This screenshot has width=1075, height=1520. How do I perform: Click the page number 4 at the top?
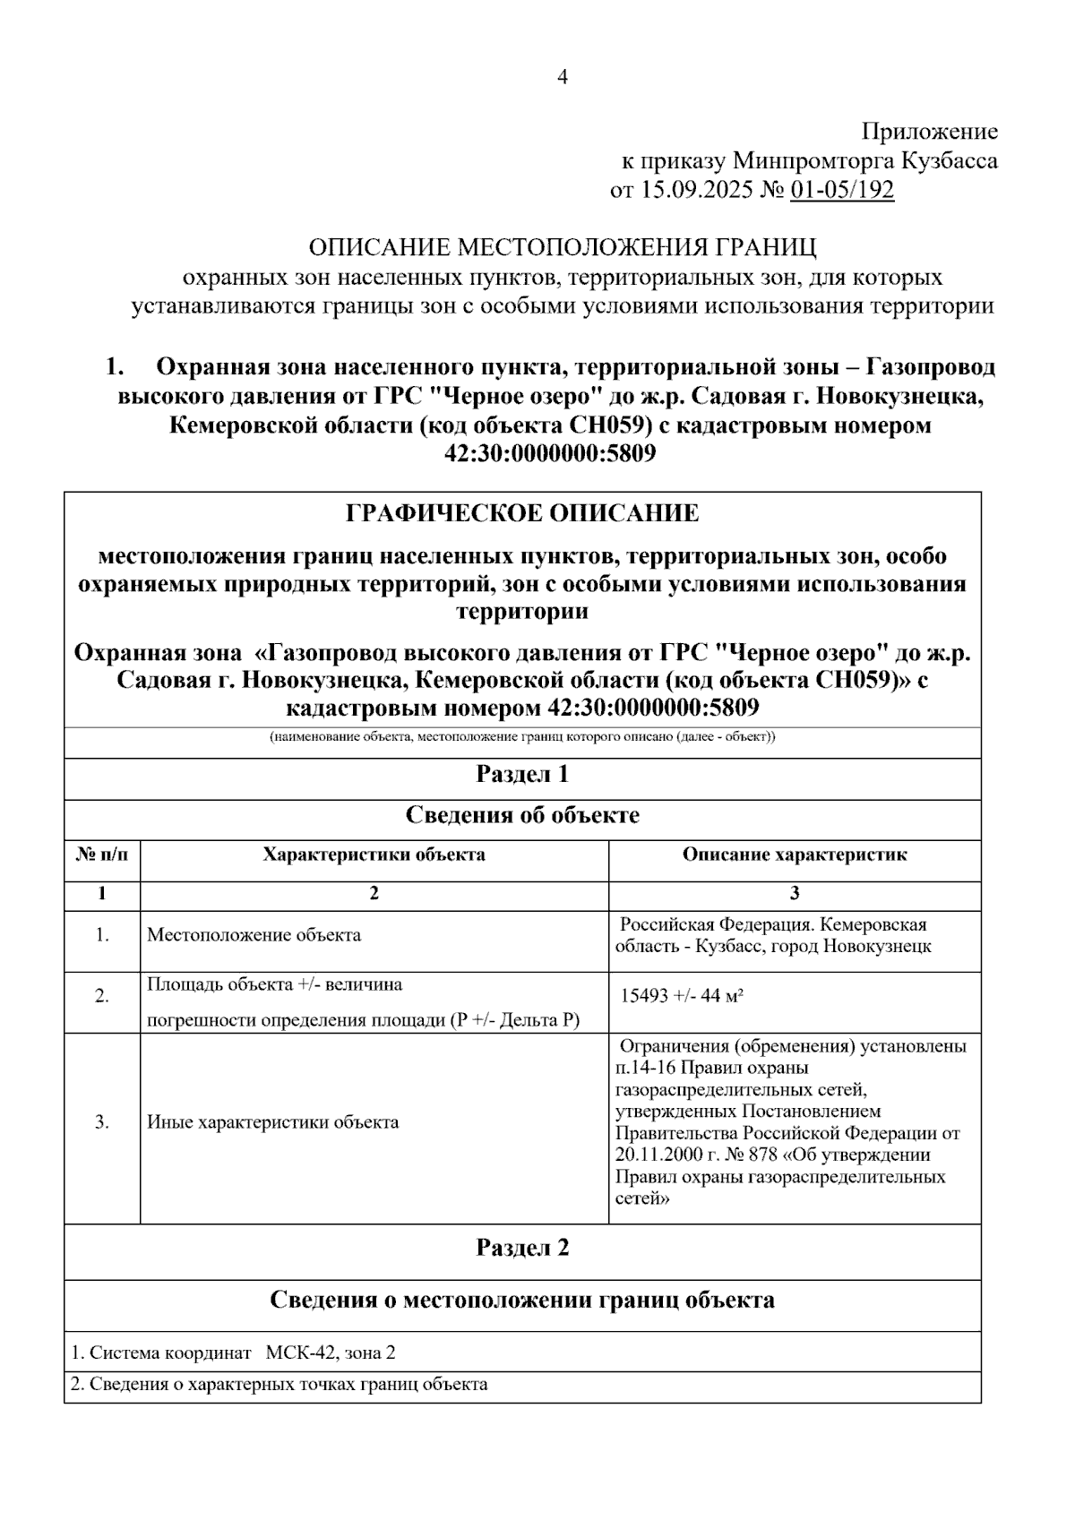(563, 78)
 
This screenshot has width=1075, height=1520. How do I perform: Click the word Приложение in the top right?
(929, 133)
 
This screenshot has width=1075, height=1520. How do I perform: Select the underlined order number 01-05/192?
(842, 191)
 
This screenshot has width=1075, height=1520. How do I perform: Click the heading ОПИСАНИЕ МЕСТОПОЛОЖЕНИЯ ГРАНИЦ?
(563, 247)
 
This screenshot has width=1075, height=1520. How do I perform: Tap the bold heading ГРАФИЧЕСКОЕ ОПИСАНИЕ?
(522, 513)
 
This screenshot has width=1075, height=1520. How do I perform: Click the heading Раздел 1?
(522, 774)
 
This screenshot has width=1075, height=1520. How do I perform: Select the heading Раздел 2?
(522, 1248)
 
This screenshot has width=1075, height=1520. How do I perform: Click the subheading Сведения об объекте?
(522, 815)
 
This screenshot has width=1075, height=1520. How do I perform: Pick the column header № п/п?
(102, 854)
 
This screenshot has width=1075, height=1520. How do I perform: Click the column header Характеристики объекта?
(374, 854)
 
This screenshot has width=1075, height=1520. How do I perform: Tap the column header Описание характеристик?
(795, 854)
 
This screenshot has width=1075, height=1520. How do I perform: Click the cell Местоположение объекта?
(254, 935)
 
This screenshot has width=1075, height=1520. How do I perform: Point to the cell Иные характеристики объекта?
(273, 1122)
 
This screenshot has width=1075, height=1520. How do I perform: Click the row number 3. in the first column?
(102, 1122)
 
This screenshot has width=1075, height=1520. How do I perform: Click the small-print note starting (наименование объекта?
(522, 737)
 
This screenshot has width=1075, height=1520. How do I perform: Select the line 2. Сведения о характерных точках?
(279, 1385)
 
